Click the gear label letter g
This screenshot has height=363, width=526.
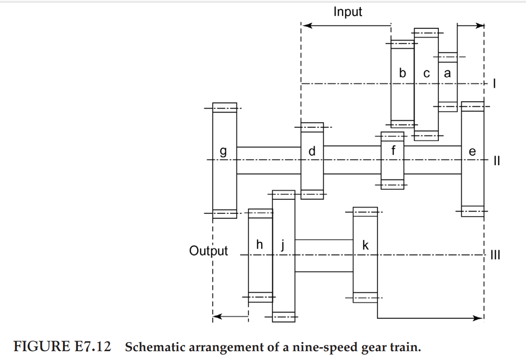click(x=223, y=151)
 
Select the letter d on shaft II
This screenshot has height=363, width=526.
click(x=312, y=150)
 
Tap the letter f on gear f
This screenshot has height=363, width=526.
click(x=393, y=150)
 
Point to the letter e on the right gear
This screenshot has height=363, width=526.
click(x=472, y=151)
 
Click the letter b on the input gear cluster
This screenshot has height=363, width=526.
click(x=402, y=73)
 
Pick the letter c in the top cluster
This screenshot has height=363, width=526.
click(x=426, y=73)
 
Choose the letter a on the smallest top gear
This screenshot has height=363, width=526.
click(x=447, y=73)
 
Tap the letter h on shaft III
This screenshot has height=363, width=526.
click(x=259, y=245)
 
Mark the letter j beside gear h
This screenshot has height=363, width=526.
click(x=283, y=245)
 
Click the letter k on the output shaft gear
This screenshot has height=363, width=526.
click(x=365, y=245)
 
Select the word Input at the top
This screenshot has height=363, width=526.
click(x=347, y=12)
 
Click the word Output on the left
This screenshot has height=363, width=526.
click(x=208, y=251)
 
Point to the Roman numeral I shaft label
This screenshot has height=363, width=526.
click(x=494, y=84)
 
